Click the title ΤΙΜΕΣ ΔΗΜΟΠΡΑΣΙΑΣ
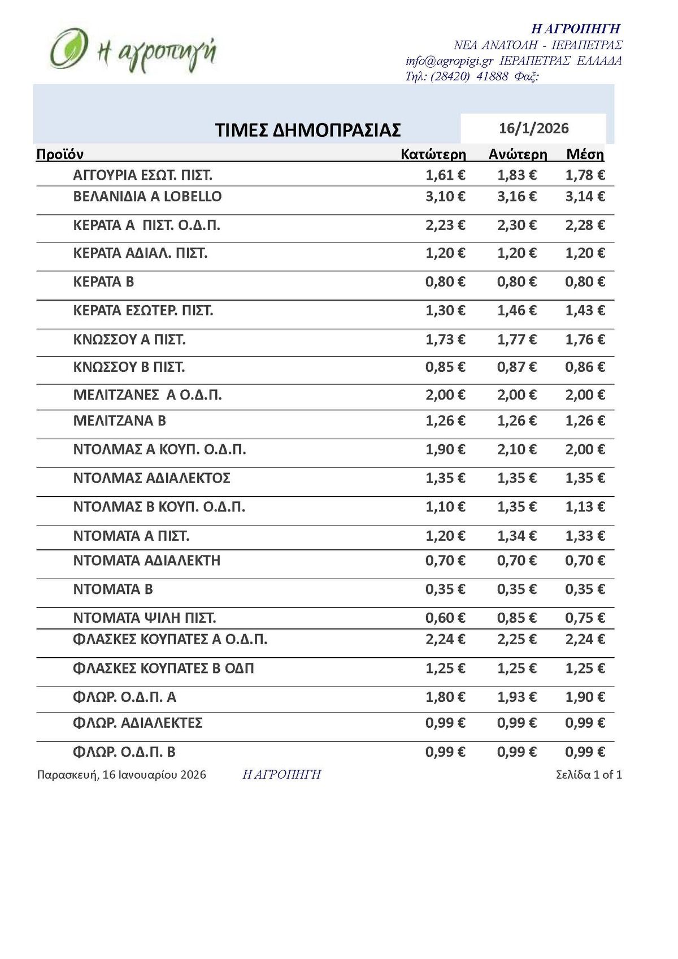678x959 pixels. point(308,130)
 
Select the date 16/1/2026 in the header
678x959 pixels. point(533,128)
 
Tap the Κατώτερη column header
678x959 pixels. point(433,154)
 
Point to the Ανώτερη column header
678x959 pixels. point(518,154)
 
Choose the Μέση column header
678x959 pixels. point(585,154)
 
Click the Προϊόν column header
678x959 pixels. point(60,154)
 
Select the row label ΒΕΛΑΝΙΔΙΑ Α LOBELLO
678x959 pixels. point(147,197)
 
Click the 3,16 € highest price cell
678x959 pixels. point(516,197)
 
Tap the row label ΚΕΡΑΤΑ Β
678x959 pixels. point(103,282)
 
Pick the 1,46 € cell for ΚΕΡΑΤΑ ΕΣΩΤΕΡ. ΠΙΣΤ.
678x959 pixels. point(516,311)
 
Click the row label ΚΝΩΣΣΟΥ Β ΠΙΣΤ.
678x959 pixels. point(129,368)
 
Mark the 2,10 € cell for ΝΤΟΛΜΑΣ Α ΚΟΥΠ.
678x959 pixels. point(516,450)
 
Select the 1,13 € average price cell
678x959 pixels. point(585,507)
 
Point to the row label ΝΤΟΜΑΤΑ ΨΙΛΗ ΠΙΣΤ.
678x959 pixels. point(145,618)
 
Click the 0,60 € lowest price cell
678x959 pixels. point(445,618)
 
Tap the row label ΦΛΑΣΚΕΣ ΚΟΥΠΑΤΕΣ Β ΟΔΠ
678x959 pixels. point(163,669)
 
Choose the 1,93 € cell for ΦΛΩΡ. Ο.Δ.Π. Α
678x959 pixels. point(516,697)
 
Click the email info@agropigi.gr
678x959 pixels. point(449,61)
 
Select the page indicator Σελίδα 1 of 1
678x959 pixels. point(589,775)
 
